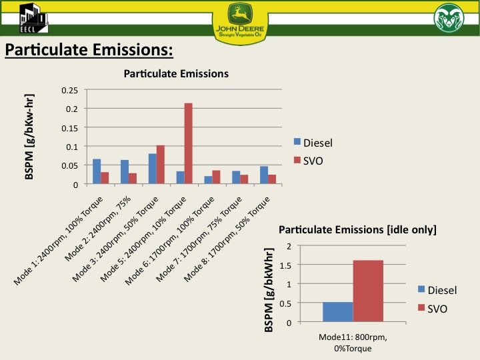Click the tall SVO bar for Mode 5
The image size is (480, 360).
pyautogui.click(x=188, y=144)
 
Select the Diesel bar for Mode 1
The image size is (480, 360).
pyautogui.click(x=97, y=171)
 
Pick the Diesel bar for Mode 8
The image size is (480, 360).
pyautogui.click(x=264, y=175)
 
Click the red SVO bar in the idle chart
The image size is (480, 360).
pyautogui.click(x=368, y=291)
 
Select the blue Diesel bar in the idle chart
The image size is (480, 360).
pyautogui.click(x=338, y=312)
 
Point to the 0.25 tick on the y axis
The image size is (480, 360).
pyautogui.click(x=69, y=90)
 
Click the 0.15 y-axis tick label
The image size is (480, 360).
pyautogui.click(x=69, y=127)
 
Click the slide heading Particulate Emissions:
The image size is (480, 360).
pyautogui.click(x=89, y=50)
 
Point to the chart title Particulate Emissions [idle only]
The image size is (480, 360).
pyautogui.click(x=357, y=230)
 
